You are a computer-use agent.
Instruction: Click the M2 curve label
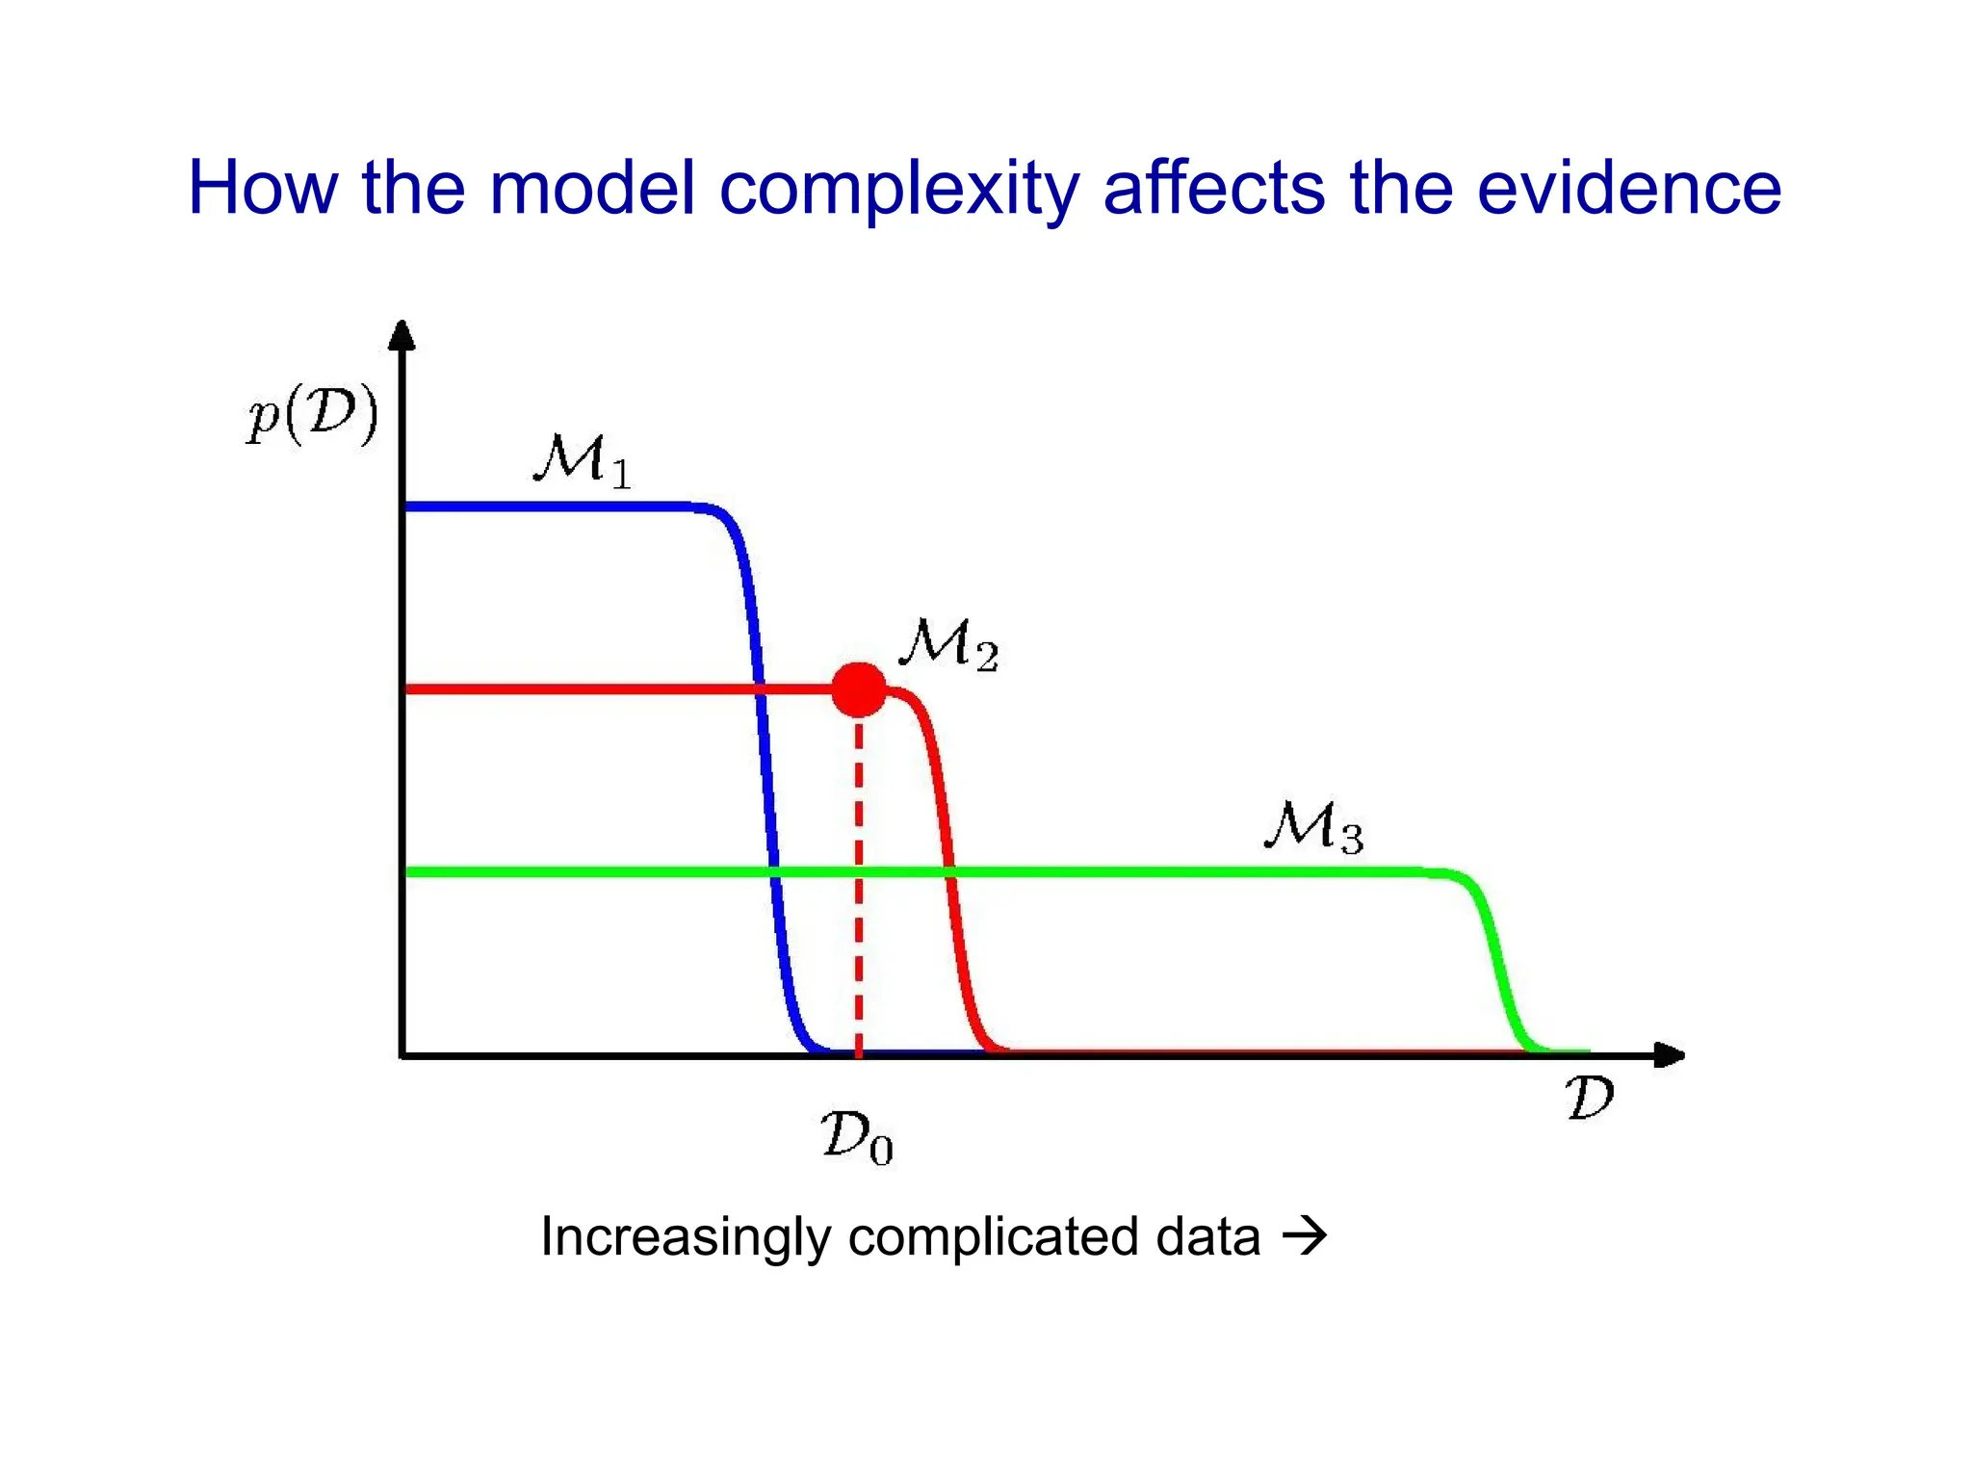tap(948, 644)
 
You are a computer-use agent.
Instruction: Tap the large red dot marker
tap(858, 688)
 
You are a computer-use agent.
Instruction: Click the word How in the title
tap(262, 188)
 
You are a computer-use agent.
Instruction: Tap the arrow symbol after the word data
tap(1305, 1234)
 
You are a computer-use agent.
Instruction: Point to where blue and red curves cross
tap(760, 688)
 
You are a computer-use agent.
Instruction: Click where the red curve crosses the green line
tap(950, 872)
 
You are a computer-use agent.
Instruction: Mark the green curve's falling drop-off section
tap(1498, 963)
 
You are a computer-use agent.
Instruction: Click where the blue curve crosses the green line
tap(773, 872)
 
